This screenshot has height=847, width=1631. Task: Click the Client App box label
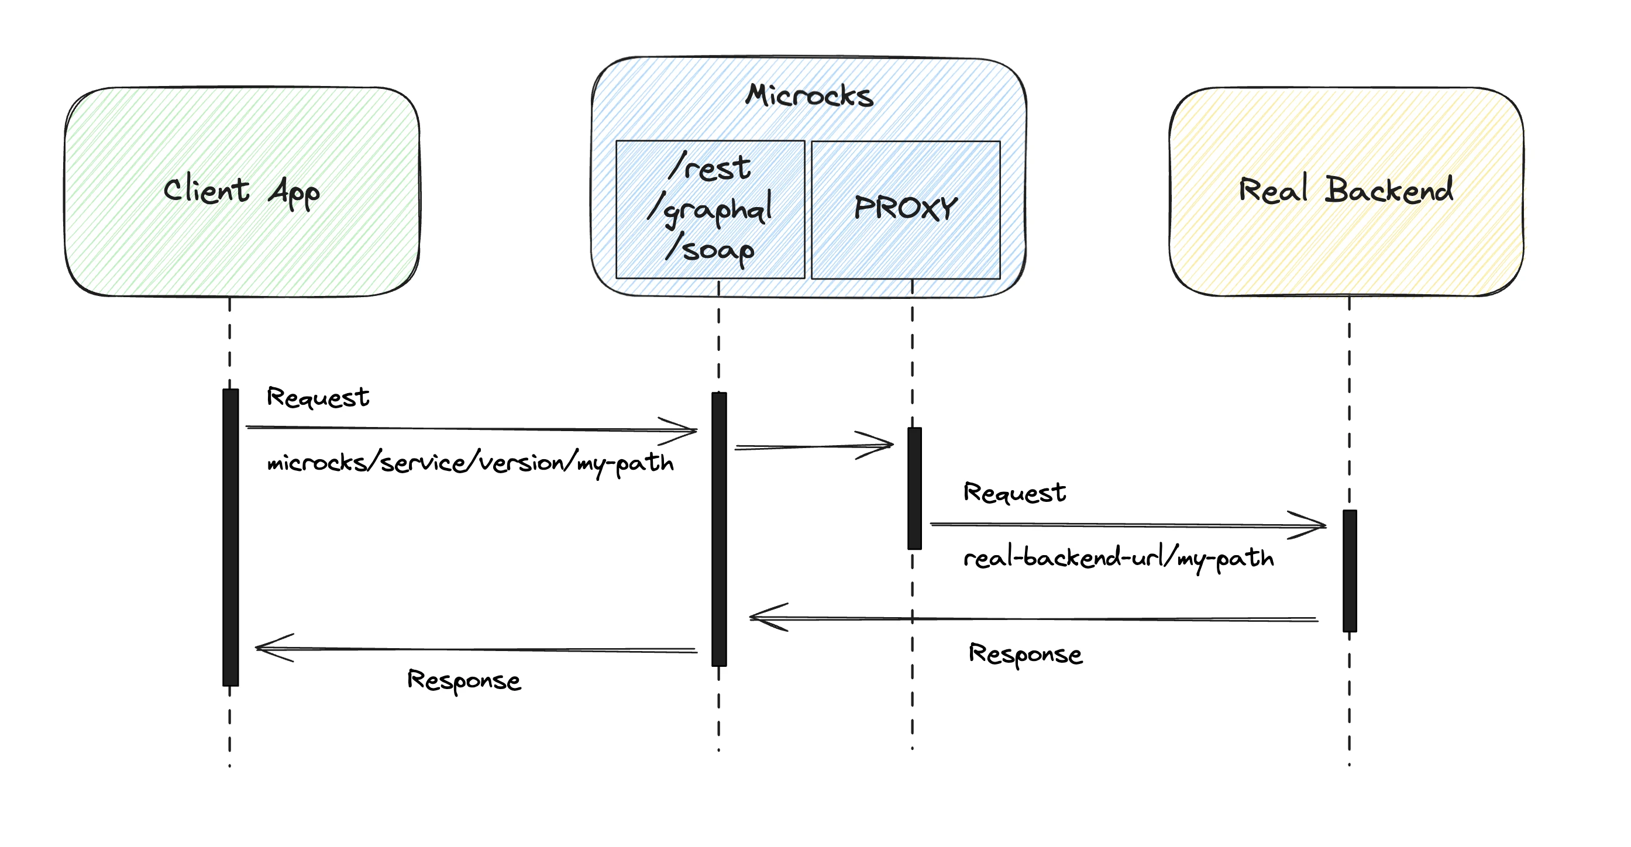(241, 191)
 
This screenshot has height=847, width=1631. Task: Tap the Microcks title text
(808, 96)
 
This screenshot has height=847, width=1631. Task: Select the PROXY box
(906, 209)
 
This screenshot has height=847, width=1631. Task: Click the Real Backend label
(1346, 191)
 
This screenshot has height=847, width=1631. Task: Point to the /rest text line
(710, 168)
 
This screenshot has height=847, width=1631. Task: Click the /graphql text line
(710, 209)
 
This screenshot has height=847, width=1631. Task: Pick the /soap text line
(710, 249)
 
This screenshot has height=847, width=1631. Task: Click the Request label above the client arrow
(317, 398)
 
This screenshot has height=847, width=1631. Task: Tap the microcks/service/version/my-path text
(470, 463)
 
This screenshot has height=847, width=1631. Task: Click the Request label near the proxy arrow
(1014, 493)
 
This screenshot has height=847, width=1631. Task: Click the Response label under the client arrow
(463, 680)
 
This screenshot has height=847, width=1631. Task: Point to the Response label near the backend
(1025, 654)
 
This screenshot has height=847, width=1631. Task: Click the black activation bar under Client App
(230, 538)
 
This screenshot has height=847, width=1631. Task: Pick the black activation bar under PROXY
(914, 487)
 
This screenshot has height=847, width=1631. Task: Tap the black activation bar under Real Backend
(1349, 570)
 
